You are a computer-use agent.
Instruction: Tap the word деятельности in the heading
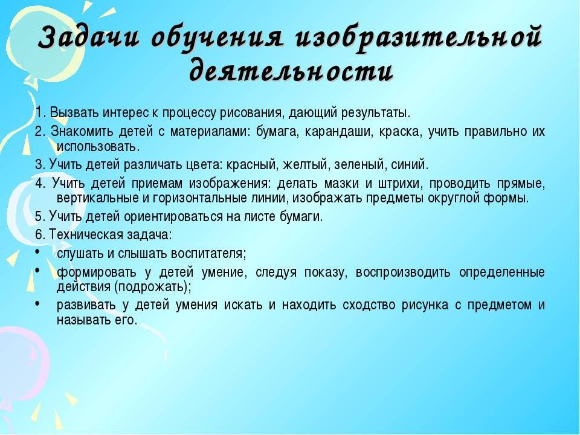(291, 70)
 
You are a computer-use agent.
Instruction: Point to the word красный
(251, 164)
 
